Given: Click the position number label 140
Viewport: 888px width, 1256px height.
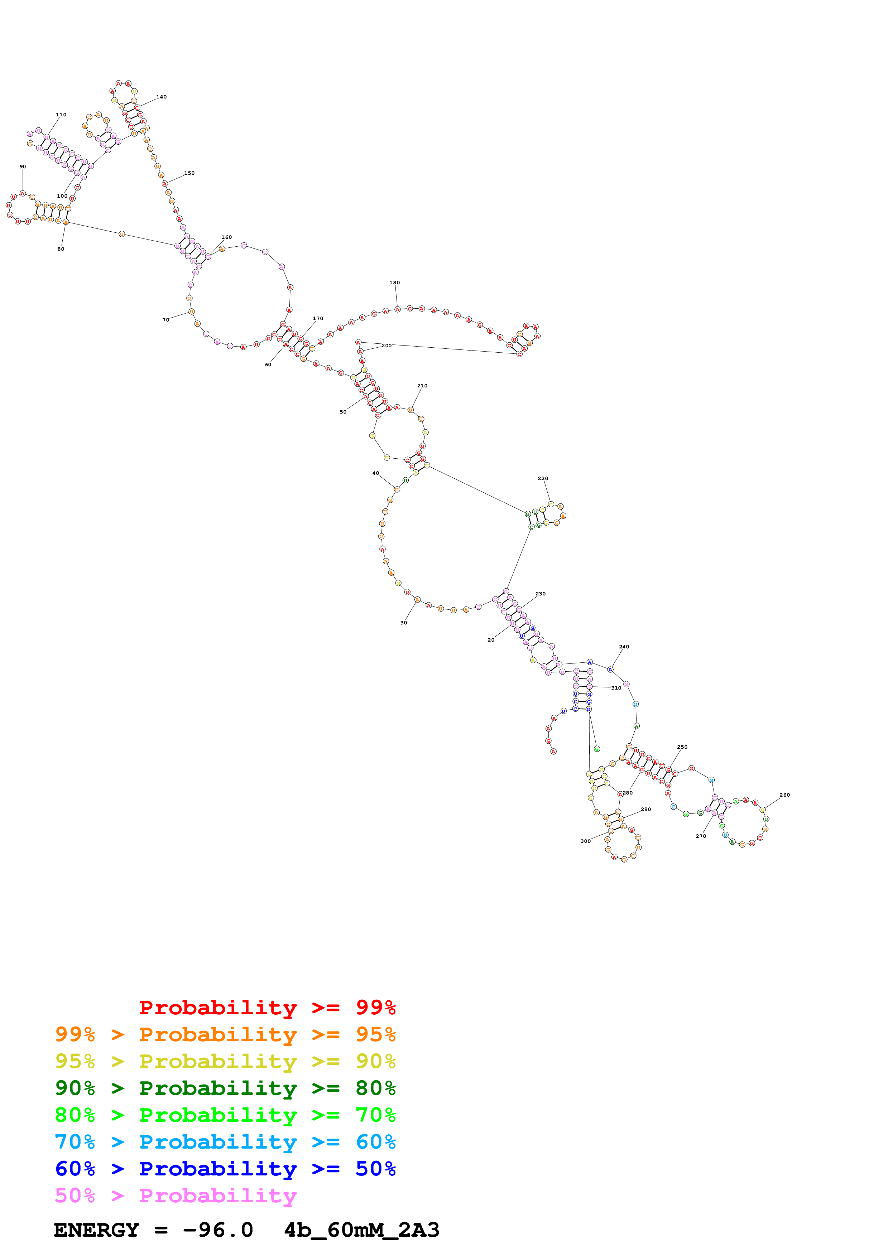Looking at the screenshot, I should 162,97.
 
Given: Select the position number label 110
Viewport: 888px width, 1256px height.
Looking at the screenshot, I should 61,115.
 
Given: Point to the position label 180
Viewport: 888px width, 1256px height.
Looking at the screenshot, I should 394,283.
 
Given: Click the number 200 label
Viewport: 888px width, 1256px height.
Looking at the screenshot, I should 387,346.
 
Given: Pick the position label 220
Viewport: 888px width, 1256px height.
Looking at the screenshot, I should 543,479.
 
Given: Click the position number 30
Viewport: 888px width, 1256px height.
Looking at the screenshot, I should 403,623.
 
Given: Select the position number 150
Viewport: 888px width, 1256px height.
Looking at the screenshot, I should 189,173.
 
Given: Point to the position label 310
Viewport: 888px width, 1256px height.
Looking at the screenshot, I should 616,688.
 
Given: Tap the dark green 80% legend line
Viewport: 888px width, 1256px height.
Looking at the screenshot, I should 225,1088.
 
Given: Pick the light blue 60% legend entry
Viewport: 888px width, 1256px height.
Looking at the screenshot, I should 225,1142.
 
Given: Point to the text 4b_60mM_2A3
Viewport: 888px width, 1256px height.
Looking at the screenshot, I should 362,1230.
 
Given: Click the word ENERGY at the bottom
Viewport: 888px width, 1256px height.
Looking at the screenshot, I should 96,1230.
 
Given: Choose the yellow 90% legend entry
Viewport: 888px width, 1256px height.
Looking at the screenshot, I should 225,1061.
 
